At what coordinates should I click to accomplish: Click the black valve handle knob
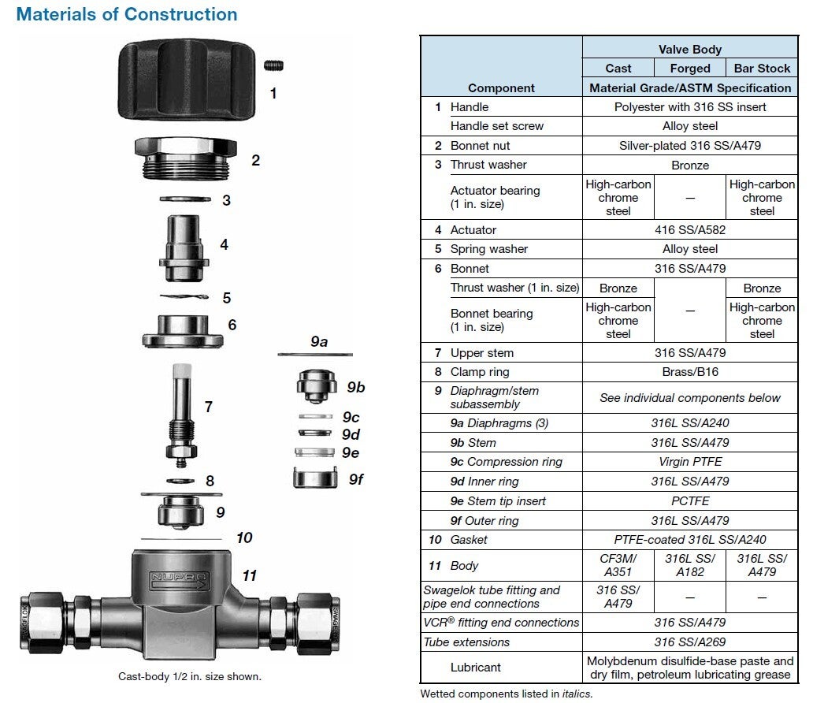(x=187, y=79)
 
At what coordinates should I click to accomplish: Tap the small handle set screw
(x=273, y=65)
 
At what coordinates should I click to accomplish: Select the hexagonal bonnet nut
(x=186, y=158)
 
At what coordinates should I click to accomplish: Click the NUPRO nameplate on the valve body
(x=179, y=580)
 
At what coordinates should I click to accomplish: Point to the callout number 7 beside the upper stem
(x=209, y=407)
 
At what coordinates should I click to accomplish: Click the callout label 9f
(x=356, y=479)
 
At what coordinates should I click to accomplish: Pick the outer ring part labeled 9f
(x=315, y=478)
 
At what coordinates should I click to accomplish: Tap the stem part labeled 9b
(x=316, y=386)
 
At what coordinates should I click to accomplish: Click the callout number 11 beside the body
(x=250, y=575)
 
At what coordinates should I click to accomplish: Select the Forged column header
(x=689, y=69)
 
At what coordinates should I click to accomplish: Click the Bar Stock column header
(x=762, y=69)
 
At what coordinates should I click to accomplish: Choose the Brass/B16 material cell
(x=689, y=372)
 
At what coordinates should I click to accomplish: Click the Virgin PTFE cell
(x=689, y=462)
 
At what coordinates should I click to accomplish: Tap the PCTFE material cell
(x=689, y=501)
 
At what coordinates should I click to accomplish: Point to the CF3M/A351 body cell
(x=618, y=566)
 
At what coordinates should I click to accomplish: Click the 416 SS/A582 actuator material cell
(x=689, y=230)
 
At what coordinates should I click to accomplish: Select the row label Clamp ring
(x=480, y=372)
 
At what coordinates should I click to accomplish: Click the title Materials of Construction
(x=127, y=14)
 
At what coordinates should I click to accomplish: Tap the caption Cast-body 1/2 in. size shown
(x=190, y=676)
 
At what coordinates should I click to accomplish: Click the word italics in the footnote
(x=577, y=694)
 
